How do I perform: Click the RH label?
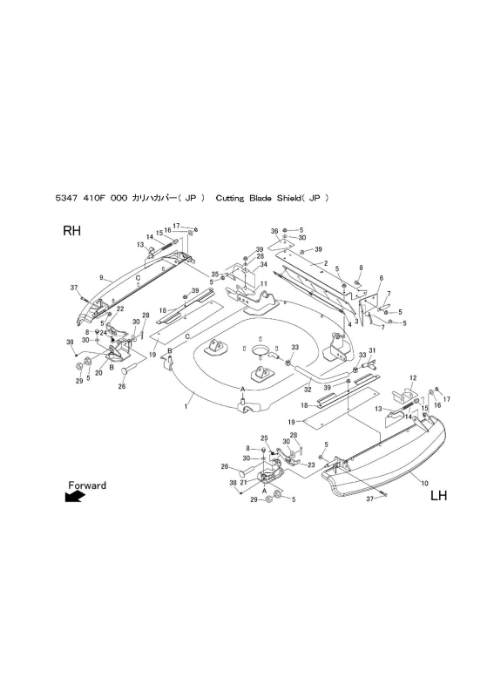coord(72,231)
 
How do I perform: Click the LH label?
coord(438,496)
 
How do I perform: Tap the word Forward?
coord(87,485)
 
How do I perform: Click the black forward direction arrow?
coord(75,497)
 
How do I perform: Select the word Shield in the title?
coord(288,198)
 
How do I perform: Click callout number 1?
coord(186,406)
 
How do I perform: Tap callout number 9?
coord(101,278)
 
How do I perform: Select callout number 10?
coord(425,483)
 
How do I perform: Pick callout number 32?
coord(308,390)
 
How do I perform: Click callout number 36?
coord(274,231)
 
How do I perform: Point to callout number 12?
coord(413,377)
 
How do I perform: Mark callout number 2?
coord(326,263)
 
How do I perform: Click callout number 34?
coord(264,264)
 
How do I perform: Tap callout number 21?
coord(243,482)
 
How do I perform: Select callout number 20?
coord(98,372)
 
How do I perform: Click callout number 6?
coord(381,278)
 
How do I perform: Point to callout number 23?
coord(311,465)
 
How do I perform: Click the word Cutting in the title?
coord(230,198)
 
